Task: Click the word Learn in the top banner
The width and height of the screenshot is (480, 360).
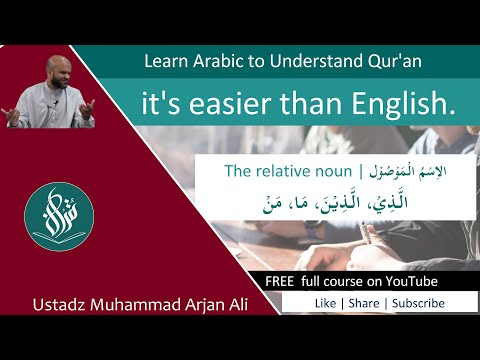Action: [165, 62]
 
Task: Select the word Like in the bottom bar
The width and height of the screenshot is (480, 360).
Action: [325, 302]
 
